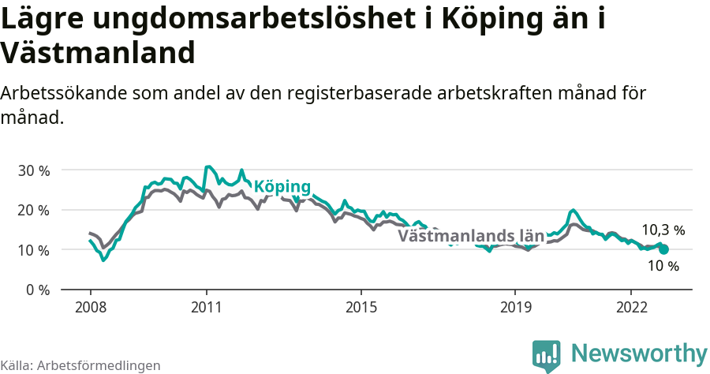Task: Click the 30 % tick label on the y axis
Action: click(x=34, y=170)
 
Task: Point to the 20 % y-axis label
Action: click(x=34, y=210)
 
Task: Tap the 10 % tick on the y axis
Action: click(x=34, y=250)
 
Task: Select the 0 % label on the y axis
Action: click(x=38, y=290)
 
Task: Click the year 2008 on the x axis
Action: click(x=90, y=307)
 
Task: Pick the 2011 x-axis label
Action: click(x=206, y=307)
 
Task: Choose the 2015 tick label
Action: click(x=361, y=307)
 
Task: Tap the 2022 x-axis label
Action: click(x=631, y=307)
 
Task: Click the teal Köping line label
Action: click(x=282, y=187)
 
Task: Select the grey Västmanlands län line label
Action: click(x=471, y=236)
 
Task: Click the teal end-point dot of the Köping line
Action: click(x=663, y=249)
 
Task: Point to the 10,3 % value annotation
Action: click(x=663, y=230)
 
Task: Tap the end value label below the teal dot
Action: click(x=663, y=267)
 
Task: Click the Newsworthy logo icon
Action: click(x=546, y=355)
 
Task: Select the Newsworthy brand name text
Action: click(x=639, y=353)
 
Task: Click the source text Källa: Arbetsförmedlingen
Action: click(x=80, y=365)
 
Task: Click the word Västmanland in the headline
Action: click(x=98, y=54)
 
